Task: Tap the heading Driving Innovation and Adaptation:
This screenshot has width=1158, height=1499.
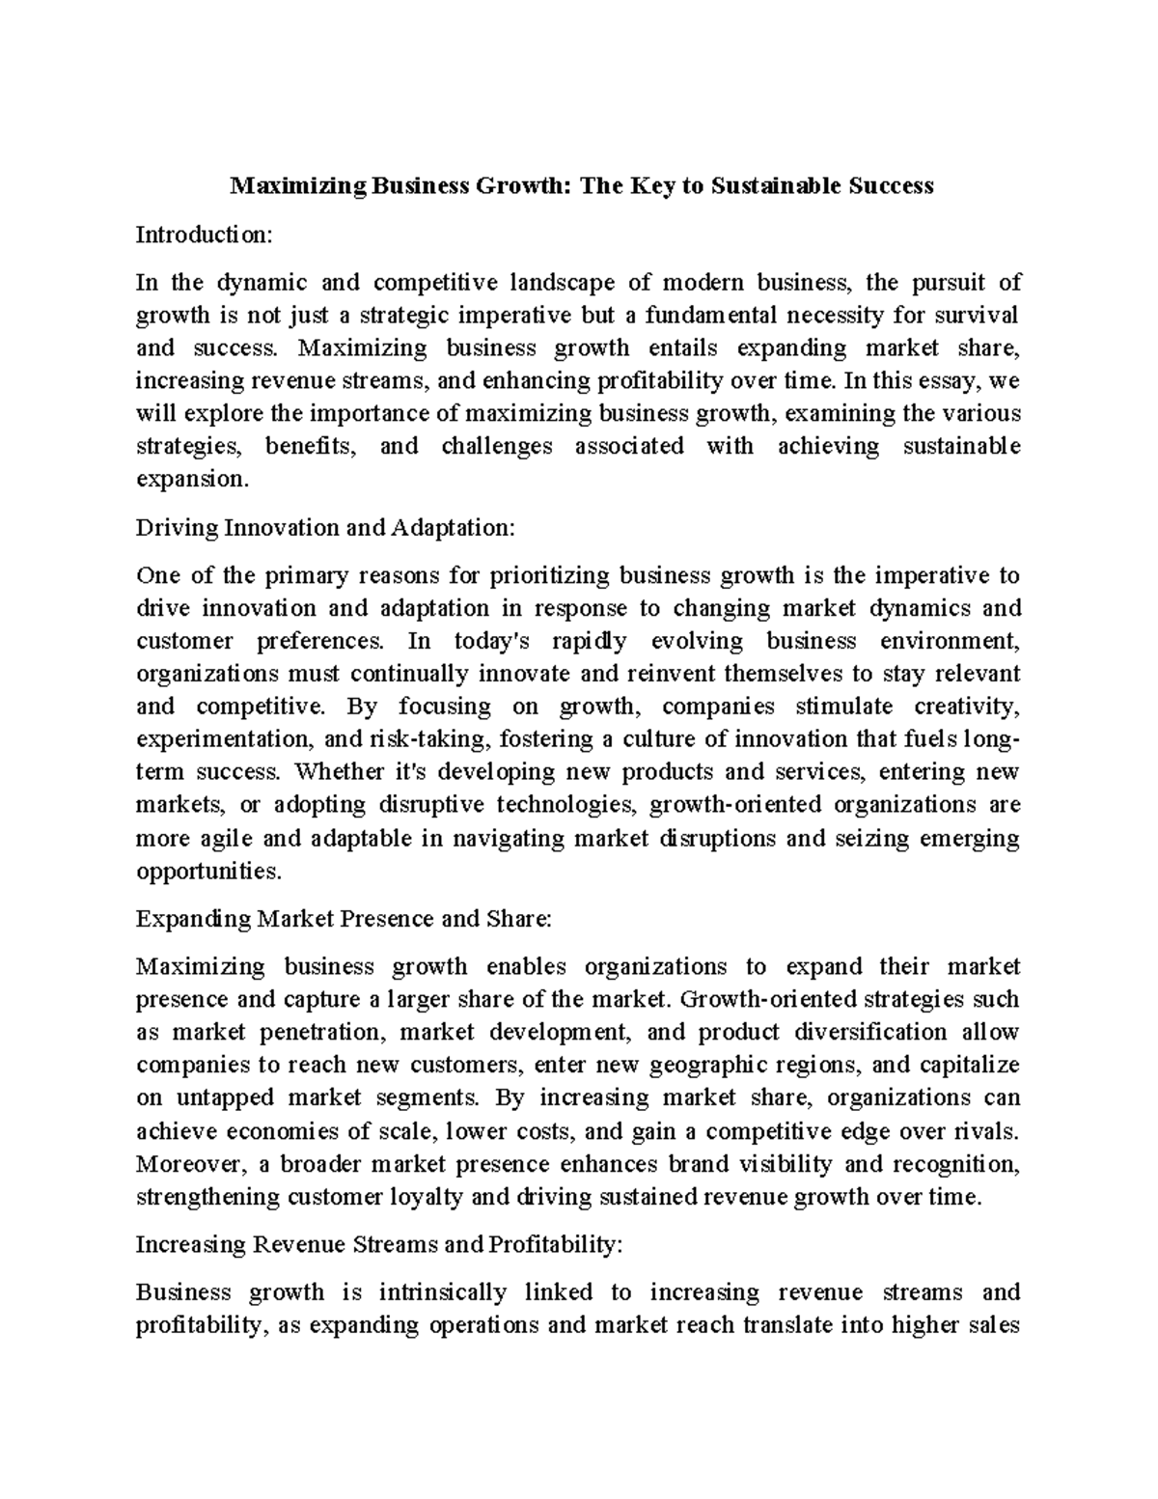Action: coord(326,528)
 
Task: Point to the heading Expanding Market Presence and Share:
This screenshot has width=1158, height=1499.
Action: coord(344,918)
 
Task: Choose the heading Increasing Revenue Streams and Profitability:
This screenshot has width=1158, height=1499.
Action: coord(379,1244)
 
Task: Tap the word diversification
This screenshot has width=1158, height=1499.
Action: coord(870,1032)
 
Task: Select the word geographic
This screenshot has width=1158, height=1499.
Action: coord(709,1065)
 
